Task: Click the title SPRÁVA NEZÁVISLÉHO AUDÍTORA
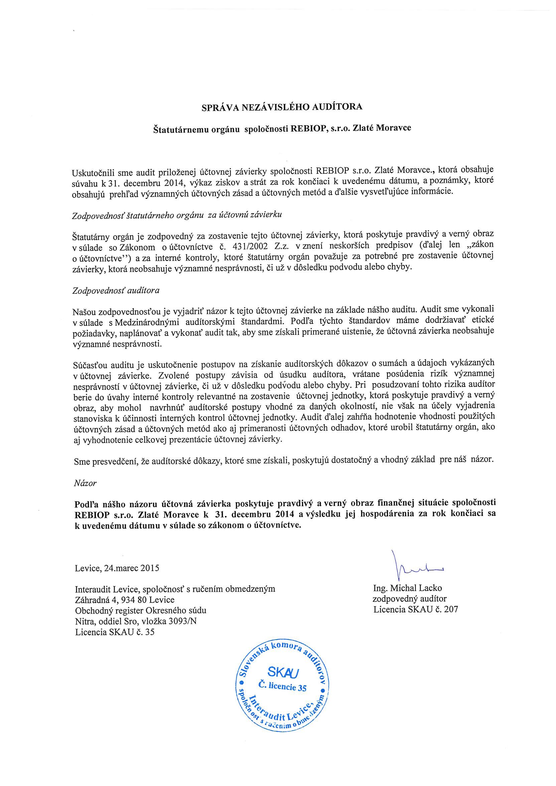pos(281,107)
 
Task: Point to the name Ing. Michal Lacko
pos(407,598)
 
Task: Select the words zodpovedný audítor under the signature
pos(409,608)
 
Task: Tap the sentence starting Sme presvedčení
pos(283,460)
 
